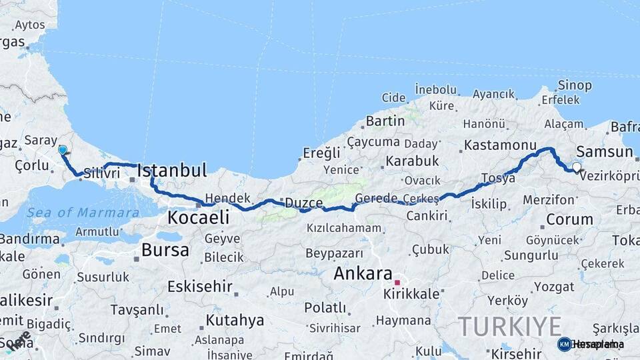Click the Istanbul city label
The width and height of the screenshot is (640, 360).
pyautogui.click(x=172, y=170)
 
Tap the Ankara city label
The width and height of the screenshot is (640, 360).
pyautogui.click(x=363, y=273)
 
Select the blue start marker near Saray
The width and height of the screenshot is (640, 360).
pyautogui.click(x=63, y=150)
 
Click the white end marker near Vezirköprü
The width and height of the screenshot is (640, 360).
pyautogui.click(x=576, y=167)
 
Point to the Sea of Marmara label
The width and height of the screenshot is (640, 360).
pyautogui.click(x=83, y=213)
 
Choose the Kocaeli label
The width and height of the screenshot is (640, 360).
pyautogui.click(x=199, y=217)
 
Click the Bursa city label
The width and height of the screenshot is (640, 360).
pyautogui.click(x=165, y=251)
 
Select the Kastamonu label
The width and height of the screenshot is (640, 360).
pyautogui.click(x=500, y=145)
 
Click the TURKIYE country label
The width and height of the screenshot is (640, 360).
pyautogui.click(x=509, y=327)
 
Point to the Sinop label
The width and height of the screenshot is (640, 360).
pyautogui.click(x=574, y=85)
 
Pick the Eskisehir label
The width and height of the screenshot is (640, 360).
pyautogui.click(x=199, y=287)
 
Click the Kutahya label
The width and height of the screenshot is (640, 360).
pyautogui.click(x=235, y=321)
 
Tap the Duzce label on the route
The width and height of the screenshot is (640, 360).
pyautogui.click(x=304, y=201)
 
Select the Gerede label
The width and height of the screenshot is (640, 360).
pyautogui.click(x=376, y=199)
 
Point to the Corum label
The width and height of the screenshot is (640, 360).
pyautogui.click(x=569, y=219)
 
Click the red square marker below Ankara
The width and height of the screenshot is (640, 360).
pyautogui.click(x=397, y=283)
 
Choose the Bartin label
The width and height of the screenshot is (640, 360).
pyautogui.click(x=385, y=121)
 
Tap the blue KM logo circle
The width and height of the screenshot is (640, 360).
pyautogui.click(x=564, y=344)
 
